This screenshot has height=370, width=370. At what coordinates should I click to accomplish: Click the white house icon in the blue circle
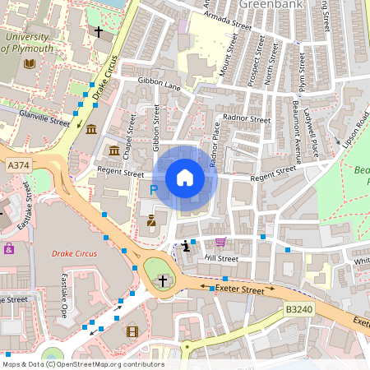coord(185,177)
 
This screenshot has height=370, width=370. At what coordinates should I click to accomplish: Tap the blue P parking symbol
coord(153,190)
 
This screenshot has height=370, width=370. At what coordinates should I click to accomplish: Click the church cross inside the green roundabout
coord(162,281)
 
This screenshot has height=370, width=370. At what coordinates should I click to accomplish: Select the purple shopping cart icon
coord(220,242)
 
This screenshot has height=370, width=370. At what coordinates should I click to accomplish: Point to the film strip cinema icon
coord(132,331)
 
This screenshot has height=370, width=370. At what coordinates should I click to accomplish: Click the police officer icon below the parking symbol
coord(151,220)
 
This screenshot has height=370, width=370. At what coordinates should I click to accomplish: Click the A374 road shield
coord(17,165)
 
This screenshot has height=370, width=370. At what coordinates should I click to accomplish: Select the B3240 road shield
coord(299,309)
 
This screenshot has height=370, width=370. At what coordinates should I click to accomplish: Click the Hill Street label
coord(221,258)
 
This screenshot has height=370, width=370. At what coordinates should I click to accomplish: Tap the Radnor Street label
coord(247,119)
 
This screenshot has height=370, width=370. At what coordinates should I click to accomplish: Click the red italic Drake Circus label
coord(73,254)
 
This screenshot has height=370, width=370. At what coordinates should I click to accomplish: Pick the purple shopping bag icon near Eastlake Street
coord(9,248)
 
